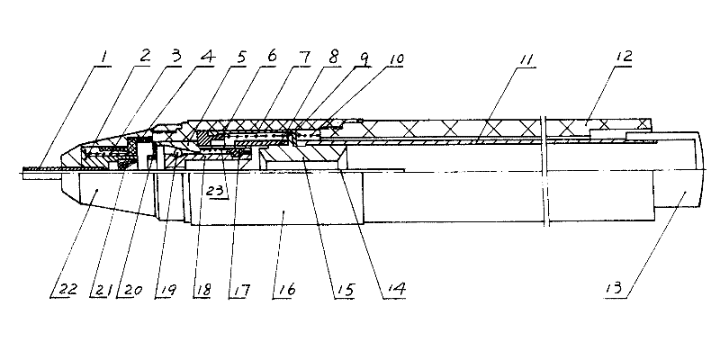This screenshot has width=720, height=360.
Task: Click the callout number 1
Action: [104, 57]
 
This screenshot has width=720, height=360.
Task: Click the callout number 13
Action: [616, 290]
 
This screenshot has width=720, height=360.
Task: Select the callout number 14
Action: [393, 290]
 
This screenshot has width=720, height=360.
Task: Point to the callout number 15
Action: [343, 290]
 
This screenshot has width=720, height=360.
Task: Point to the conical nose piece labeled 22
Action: [99, 193]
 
